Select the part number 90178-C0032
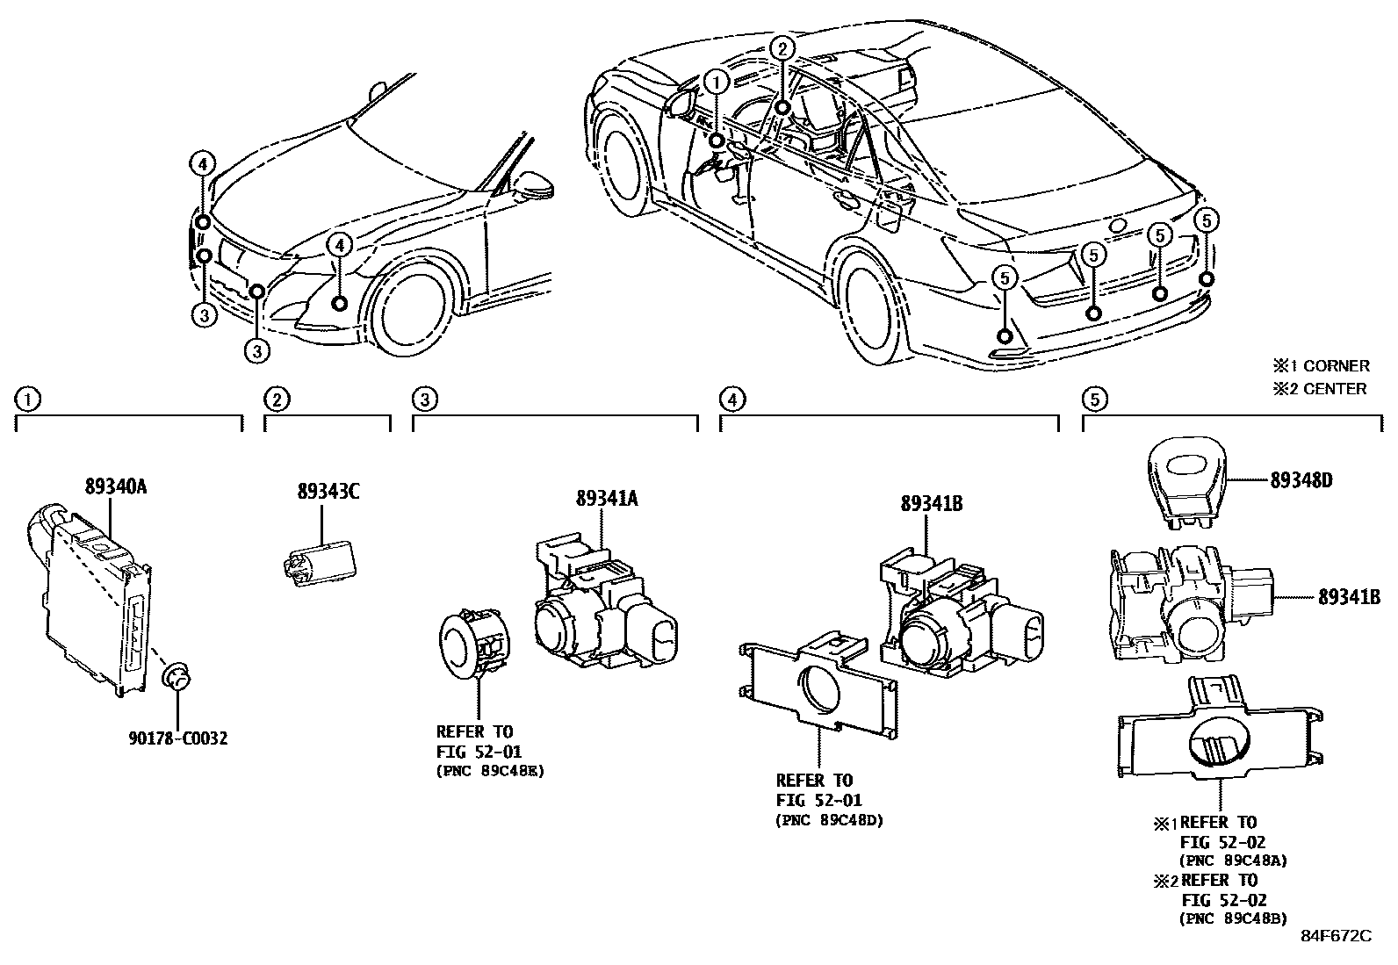(x=178, y=738)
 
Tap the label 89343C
(x=328, y=492)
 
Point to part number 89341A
(x=607, y=499)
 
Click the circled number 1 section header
(x=28, y=400)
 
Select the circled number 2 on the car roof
(x=782, y=48)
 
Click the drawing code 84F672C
(x=1336, y=936)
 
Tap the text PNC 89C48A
(x=1234, y=861)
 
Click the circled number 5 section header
(x=1093, y=400)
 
